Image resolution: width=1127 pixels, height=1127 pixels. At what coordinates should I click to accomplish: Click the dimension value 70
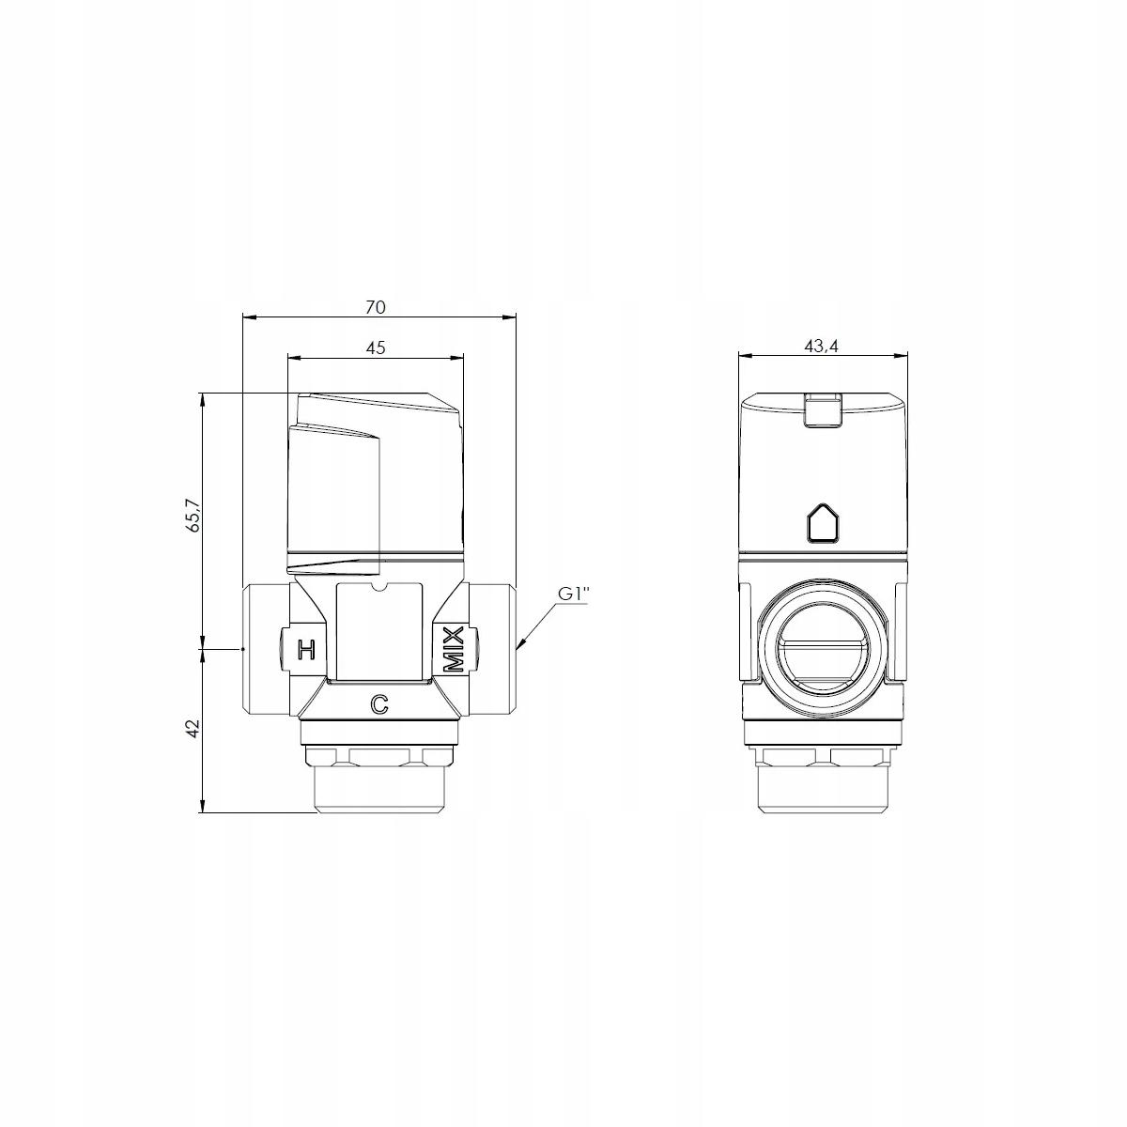(376, 307)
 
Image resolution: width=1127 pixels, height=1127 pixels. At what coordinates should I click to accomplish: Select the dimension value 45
(376, 347)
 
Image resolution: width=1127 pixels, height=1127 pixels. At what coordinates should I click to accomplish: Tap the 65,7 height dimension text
(193, 516)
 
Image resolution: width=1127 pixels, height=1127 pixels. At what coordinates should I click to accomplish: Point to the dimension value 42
(193, 728)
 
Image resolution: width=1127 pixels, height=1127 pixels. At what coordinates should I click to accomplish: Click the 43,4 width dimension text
(821, 347)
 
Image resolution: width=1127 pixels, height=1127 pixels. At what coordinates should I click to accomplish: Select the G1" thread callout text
(573, 594)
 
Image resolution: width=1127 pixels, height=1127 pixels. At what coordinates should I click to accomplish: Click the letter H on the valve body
(306, 649)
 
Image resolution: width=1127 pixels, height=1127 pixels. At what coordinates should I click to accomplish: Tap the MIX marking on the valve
(454, 649)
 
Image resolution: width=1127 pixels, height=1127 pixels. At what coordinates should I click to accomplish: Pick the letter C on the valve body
(379, 704)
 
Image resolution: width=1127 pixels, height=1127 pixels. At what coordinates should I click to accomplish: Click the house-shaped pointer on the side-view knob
(823, 521)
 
